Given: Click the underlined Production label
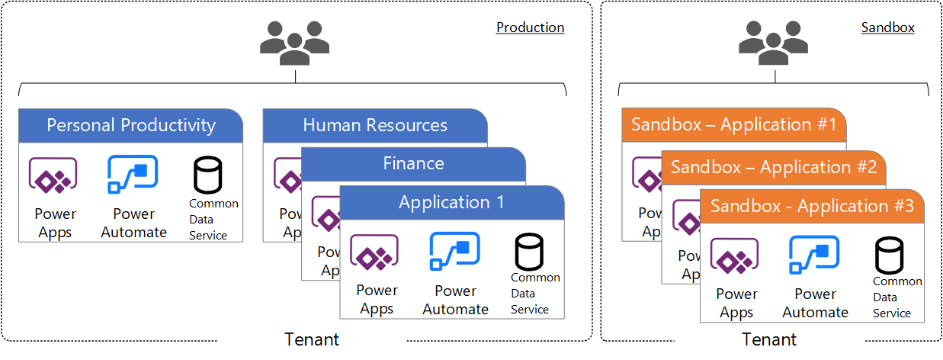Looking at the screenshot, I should pos(530,27).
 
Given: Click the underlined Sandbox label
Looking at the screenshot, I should pos(887,27).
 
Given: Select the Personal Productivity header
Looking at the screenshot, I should pos(131,125).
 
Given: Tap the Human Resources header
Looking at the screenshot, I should pos(375,125).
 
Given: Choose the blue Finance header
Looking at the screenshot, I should pos(413,163).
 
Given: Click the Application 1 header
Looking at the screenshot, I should pos(451,202).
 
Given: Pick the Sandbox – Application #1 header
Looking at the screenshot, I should pos(733,125).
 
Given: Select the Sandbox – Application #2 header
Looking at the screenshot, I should pos(773,167).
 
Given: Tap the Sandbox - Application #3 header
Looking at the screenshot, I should pos(811,207).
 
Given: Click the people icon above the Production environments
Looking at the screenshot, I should pos(294,42).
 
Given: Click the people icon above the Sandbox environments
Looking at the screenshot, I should pos(773,42).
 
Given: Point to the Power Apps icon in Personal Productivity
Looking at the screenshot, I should pos(53,176).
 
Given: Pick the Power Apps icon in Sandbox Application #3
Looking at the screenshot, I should pos(735,256).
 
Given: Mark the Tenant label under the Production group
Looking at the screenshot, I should pos(311,339).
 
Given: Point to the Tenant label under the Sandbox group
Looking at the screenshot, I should pos(770,339).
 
